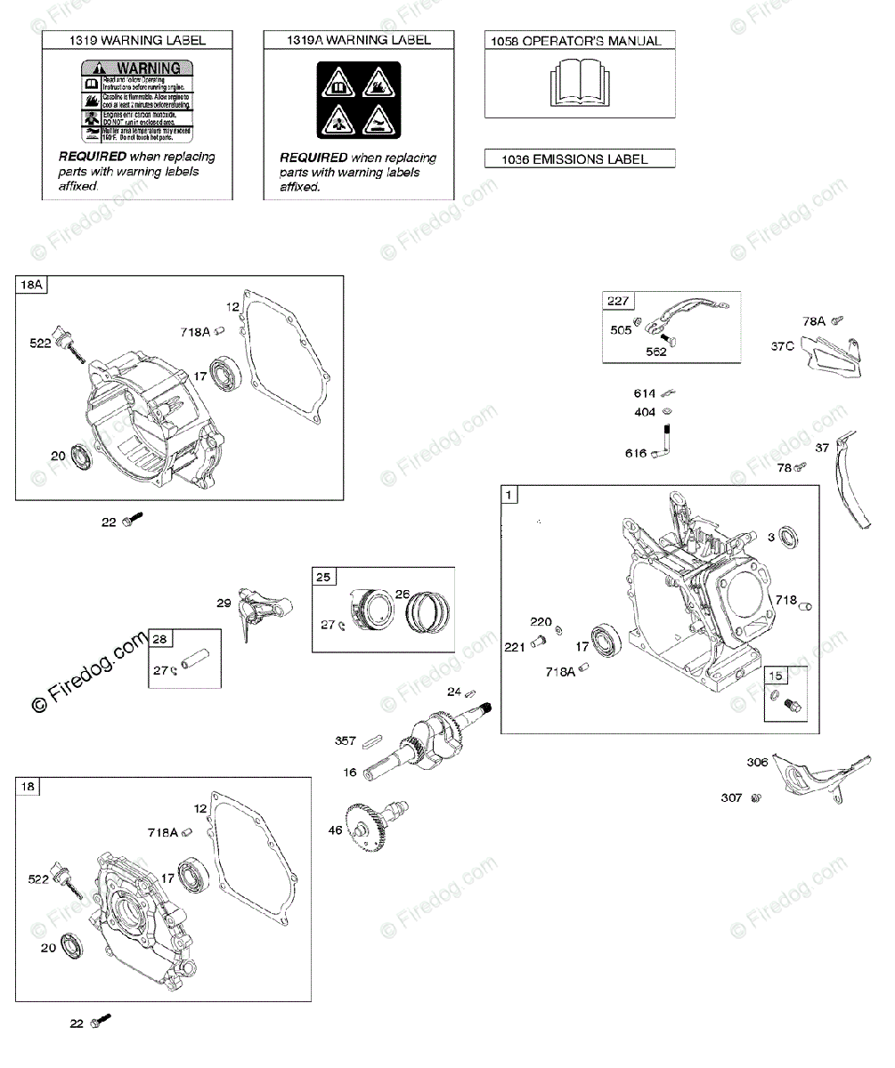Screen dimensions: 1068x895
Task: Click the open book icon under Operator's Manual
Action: click(579, 82)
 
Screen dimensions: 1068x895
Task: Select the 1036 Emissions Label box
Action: click(580, 159)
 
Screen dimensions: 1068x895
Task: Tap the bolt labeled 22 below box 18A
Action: click(132, 519)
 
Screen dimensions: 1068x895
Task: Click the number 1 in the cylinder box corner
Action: click(509, 495)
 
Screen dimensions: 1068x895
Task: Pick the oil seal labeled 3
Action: click(788, 537)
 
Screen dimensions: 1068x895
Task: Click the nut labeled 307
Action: click(755, 798)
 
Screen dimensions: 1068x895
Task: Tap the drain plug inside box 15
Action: click(793, 707)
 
